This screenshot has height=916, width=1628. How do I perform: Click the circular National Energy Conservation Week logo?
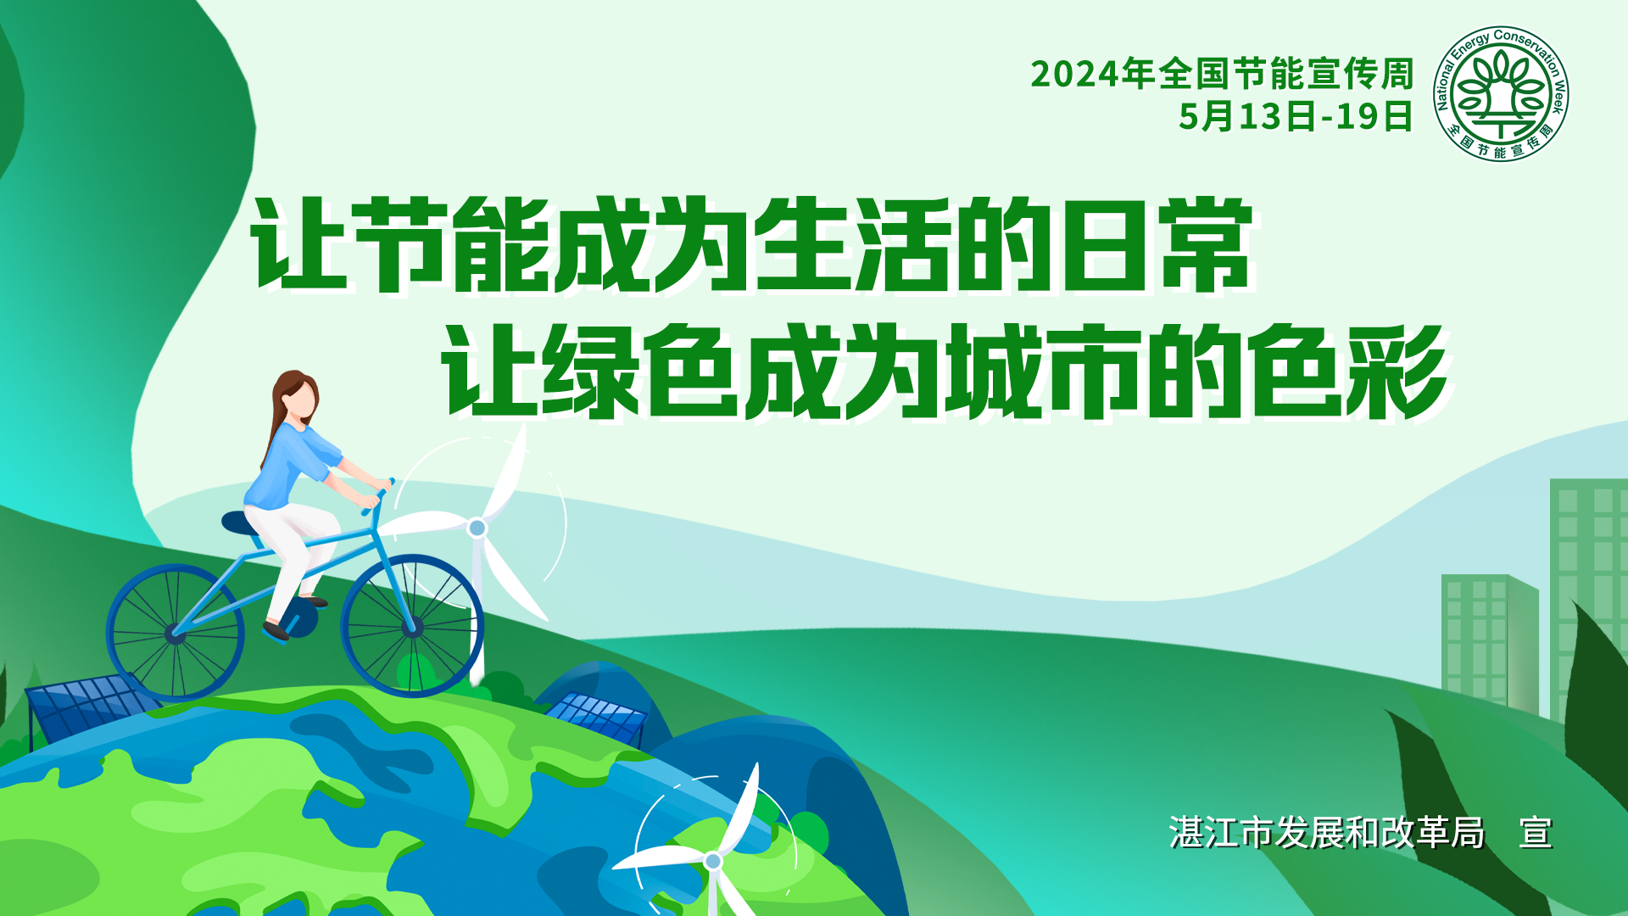pos(1501,93)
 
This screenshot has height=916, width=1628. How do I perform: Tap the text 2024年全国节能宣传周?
pos(1222,74)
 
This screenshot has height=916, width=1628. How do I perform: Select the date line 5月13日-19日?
pos(1296,116)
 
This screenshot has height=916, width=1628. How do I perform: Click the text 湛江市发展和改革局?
pos(1327,833)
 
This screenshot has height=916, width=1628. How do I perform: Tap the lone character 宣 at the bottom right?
pos(1536,833)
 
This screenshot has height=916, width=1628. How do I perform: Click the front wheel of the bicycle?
pos(413,626)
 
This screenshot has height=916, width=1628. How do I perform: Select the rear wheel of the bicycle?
pos(176,633)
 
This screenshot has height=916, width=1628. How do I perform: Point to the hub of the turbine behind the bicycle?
pos(477,528)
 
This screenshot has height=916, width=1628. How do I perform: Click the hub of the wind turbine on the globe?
pos(713,861)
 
